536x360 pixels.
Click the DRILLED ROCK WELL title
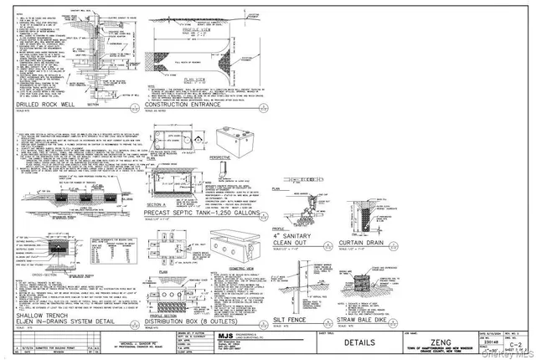(49, 104)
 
